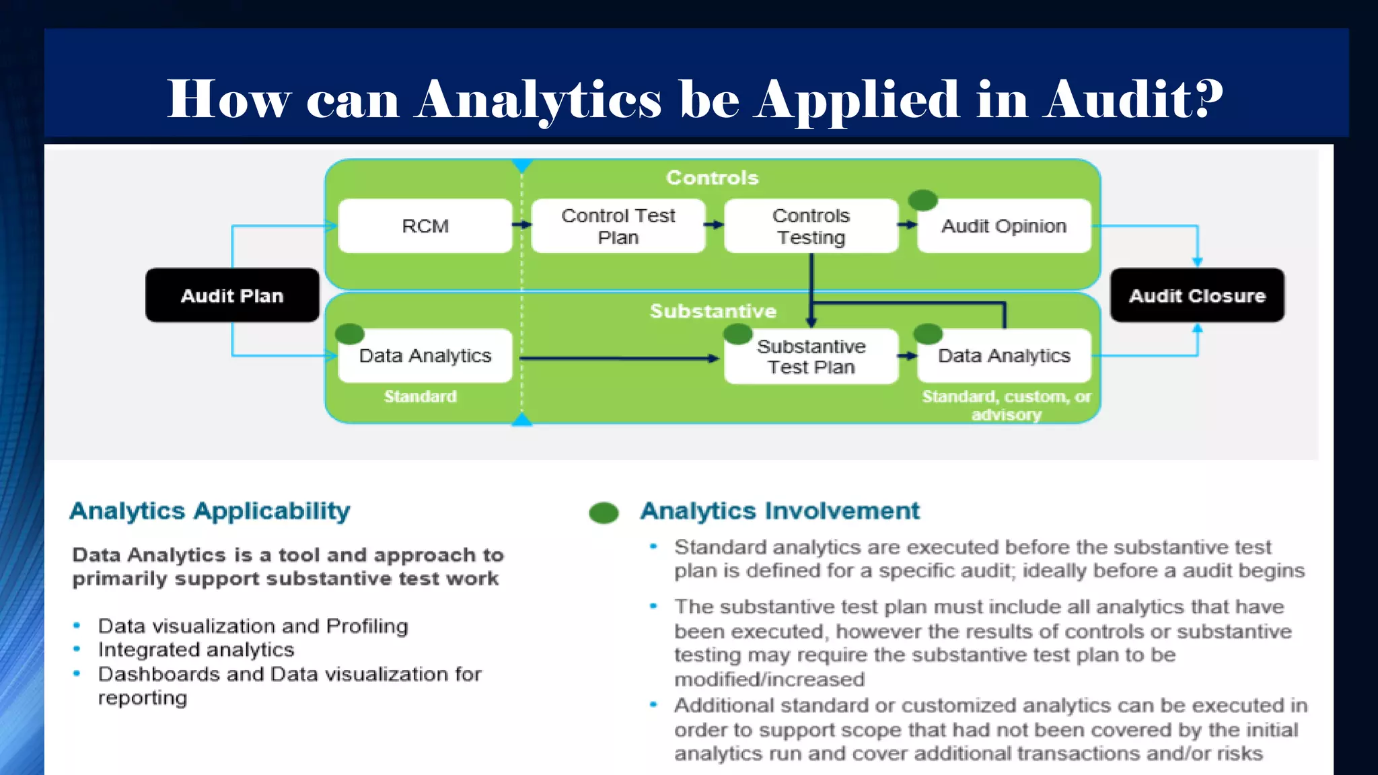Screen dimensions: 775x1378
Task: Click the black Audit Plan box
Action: point(232,295)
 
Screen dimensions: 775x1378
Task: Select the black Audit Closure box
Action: point(1197,295)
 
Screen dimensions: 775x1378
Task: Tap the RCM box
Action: point(425,226)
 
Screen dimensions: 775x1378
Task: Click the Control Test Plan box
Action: point(618,226)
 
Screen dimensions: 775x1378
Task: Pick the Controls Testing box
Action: point(811,226)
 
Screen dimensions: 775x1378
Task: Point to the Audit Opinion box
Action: point(1004,227)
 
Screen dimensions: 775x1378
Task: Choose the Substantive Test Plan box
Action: point(811,357)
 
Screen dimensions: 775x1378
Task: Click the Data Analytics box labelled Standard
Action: point(425,355)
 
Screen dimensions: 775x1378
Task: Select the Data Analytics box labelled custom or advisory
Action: point(1004,355)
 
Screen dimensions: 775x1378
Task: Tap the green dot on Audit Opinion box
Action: point(922,200)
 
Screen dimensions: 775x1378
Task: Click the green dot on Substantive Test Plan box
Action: point(737,334)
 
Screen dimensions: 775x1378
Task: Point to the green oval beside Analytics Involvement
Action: point(604,513)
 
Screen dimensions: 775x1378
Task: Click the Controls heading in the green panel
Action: point(712,178)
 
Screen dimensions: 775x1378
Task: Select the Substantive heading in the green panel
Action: point(713,311)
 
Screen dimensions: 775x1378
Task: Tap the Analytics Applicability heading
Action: point(210,511)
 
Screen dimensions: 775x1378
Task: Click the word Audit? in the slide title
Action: point(1133,100)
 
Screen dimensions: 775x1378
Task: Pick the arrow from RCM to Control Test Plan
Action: point(522,225)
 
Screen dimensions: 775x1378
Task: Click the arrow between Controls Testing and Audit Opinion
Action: point(908,225)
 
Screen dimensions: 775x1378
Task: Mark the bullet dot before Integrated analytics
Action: point(77,649)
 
